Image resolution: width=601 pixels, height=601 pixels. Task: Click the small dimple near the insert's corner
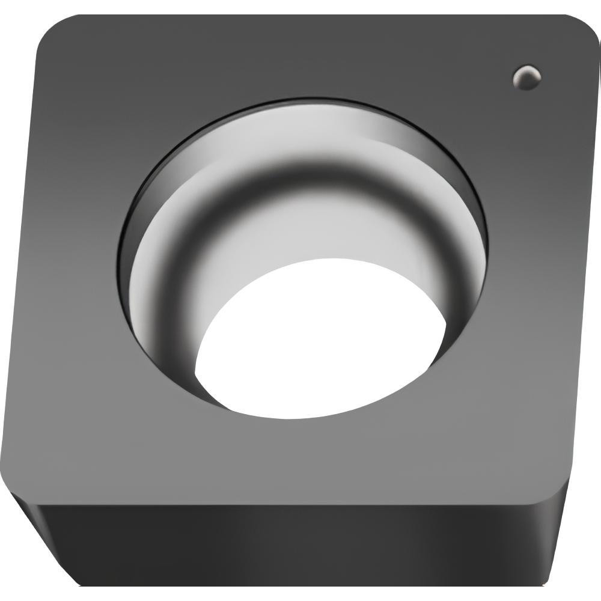point(527,77)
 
